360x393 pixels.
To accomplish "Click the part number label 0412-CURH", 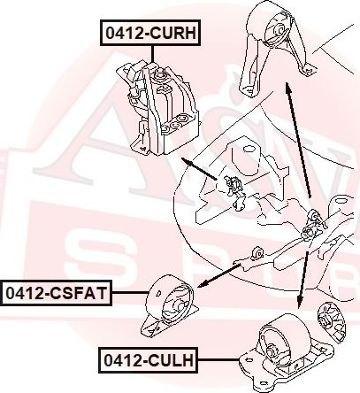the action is pyautogui.click(x=150, y=33).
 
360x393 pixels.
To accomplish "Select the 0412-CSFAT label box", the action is pyautogui.click(x=56, y=293).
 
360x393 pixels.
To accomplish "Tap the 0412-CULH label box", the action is pyautogui.click(x=149, y=360).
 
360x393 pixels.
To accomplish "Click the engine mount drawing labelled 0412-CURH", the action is pyautogui.click(x=158, y=108).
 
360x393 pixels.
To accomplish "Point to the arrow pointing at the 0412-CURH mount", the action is pyautogui.click(x=199, y=168).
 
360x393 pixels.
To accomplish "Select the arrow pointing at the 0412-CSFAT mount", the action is pyautogui.click(x=219, y=275).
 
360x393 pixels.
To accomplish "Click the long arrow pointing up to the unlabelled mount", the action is pyautogui.click(x=297, y=140).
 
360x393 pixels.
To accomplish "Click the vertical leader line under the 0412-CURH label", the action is pyautogui.click(x=152, y=54).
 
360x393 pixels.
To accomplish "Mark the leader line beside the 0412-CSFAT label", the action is pyautogui.click(x=129, y=293).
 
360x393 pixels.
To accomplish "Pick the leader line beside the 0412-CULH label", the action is pyautogui.click(x=218, y=360).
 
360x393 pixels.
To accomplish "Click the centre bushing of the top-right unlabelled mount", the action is pyautogui.click(x=279, y=30).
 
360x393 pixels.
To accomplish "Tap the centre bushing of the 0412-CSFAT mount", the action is pyautogui.click(x=179, y=305).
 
